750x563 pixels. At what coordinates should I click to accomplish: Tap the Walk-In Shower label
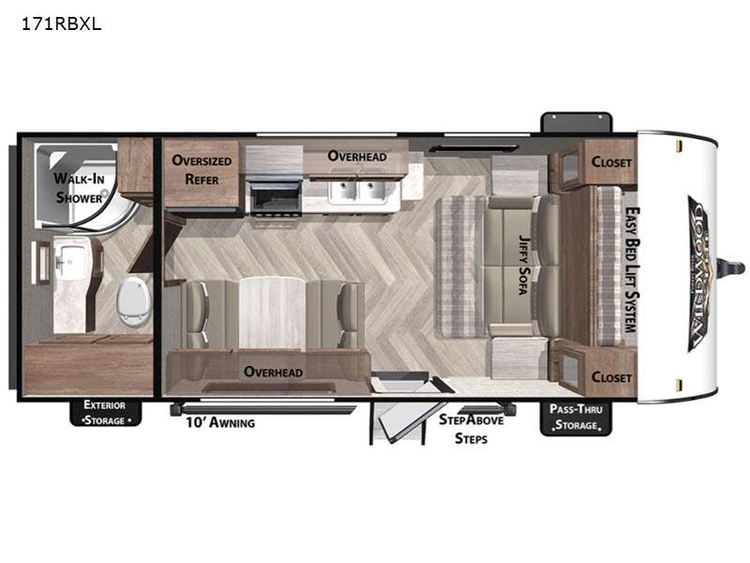[78, 187]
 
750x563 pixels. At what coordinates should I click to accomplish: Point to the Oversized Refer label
[202, 169]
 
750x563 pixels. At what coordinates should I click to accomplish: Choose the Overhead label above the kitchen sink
[357, 156]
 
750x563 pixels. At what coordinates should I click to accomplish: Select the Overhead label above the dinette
[273, 372]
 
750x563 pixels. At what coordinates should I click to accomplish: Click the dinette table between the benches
[274, 310]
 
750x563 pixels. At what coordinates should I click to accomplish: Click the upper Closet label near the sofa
[610, 161]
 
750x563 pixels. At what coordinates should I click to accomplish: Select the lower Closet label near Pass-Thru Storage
[610, 377]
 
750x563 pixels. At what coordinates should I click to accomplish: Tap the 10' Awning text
[220, 422]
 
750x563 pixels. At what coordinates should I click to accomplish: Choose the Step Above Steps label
[472, 429]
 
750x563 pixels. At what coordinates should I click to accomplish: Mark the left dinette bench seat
[201, 312]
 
